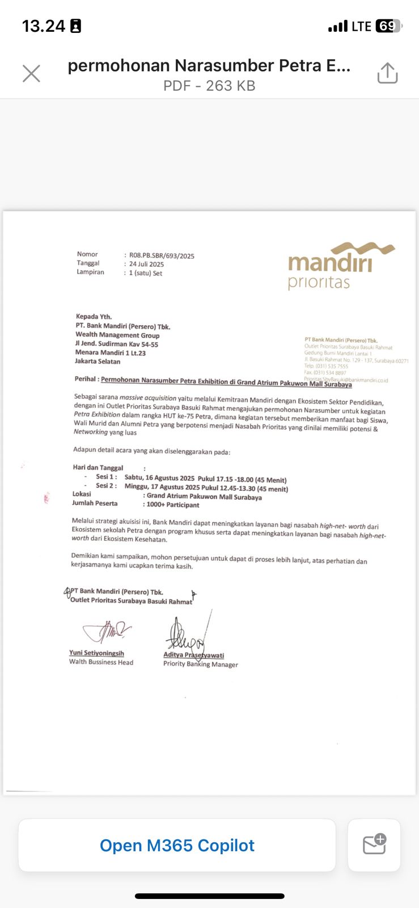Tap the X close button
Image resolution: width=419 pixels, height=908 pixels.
(x=31, y=73)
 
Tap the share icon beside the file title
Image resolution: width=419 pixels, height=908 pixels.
(x=387, y=73)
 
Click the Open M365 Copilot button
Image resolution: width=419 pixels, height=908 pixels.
(x=177, y=846)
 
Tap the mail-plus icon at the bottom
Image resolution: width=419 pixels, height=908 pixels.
(x=374, y=844)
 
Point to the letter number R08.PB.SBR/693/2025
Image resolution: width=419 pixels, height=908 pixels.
(x=162, y=256)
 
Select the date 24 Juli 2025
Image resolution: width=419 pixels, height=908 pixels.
(x=146, y=264)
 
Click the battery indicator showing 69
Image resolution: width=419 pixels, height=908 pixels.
(x=388, y=26)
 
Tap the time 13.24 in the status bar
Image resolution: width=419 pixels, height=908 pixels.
(x=44, y=26)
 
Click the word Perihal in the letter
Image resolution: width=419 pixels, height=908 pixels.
(x=86, y=379)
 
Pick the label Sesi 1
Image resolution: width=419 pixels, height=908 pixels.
(x=106, y=477)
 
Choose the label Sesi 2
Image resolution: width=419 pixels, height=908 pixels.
(x=106, y=486)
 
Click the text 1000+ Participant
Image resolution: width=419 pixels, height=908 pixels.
(x=173, y=505)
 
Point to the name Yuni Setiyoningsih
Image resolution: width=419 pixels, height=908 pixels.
(x=96, y=653)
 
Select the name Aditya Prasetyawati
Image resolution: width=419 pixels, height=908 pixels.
(x=193, y=655)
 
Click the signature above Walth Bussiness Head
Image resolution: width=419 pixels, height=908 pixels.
(x=107, y=630)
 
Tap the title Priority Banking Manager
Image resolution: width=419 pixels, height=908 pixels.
(x=200, y=664)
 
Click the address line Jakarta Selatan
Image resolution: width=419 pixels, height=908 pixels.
(x=98, y=361)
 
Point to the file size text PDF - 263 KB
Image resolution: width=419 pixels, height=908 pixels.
(x=209, y=86)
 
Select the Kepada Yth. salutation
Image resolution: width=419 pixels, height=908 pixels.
(x=94, y=317)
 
